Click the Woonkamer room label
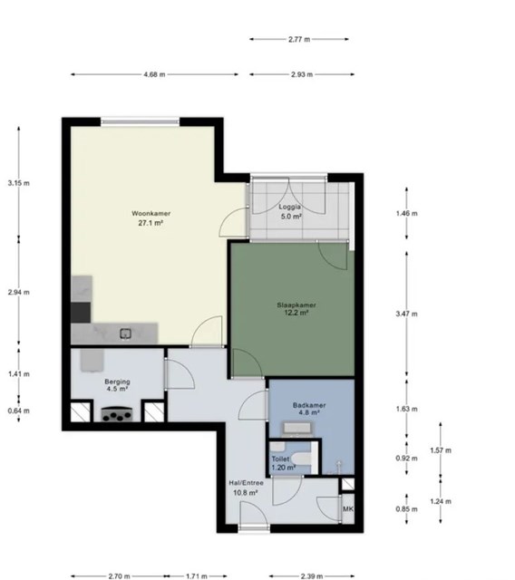click(151, 214)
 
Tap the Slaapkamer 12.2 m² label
click(296, 309)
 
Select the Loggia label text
click(290, 208)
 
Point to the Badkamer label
click(309, 405)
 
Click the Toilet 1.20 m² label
click(284, 463)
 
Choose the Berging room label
click(117, 382)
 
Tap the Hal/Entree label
click(246, 483)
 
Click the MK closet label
click(348, 509)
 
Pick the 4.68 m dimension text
click(155, 74)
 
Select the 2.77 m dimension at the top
click(299, 39)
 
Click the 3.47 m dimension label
click(406, 314)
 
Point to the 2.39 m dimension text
click(312, 576)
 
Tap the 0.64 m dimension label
click(19, 411)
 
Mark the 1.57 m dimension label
click(441, 450)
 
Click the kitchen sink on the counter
click(125, 333)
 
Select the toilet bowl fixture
click(301, 459)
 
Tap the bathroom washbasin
click(297, 429)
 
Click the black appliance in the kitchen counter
click(81, 312)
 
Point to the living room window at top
click(141, 121)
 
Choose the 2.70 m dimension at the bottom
click(119, 576)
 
